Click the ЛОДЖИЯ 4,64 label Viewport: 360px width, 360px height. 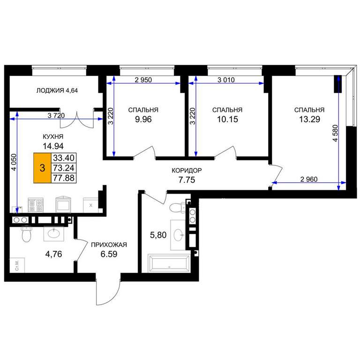57,90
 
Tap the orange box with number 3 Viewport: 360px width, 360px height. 42,168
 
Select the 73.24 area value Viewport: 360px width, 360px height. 64,168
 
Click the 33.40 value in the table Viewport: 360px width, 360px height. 64,157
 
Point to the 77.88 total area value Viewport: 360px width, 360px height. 64,178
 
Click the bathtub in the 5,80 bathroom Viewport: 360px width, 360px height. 169,263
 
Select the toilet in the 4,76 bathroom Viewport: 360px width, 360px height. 26,234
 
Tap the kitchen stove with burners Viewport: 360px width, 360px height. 36,205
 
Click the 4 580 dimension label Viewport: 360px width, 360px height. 336,133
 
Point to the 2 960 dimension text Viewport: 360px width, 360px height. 309,179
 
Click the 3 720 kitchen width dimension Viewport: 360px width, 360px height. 56,115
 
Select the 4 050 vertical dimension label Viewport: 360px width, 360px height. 14,162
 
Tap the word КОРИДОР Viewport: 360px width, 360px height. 187,170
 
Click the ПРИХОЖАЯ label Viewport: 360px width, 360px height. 109,245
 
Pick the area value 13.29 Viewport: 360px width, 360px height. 309,119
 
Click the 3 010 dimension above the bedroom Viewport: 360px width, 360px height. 226,80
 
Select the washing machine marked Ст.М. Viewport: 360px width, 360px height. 17,265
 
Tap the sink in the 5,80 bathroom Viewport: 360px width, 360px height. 178,235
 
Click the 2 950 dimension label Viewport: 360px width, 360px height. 143,80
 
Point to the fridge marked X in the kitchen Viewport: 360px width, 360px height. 90,205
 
